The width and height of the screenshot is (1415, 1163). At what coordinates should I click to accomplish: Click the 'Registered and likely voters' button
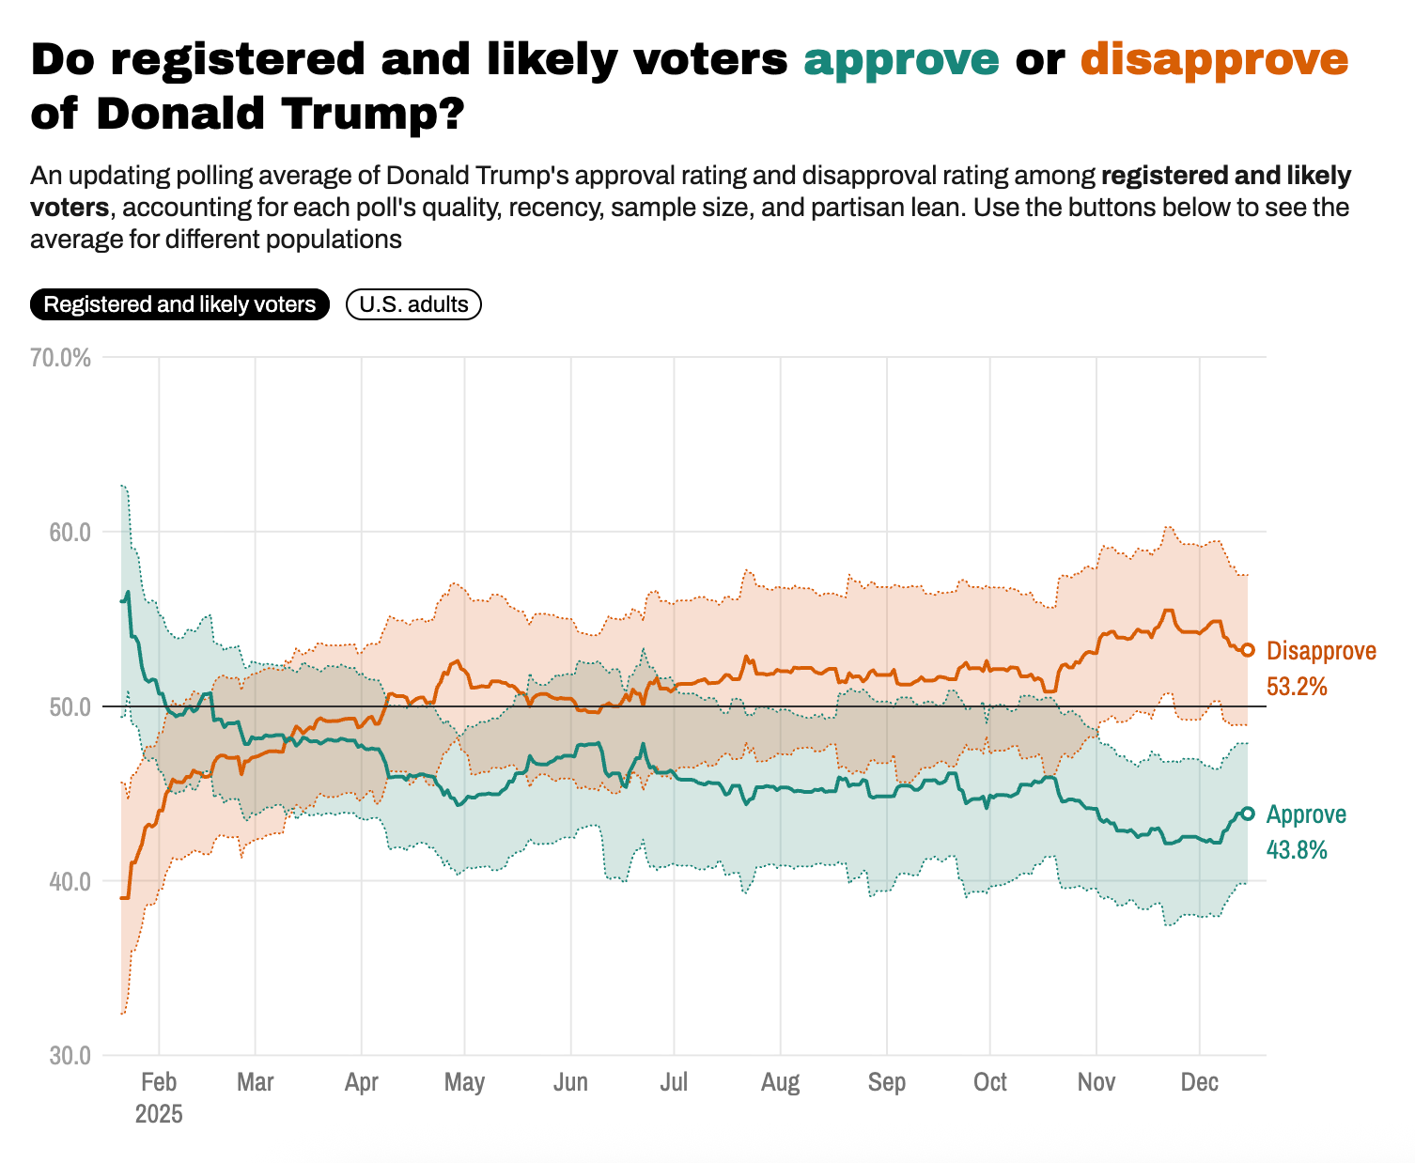(x=179, y=304)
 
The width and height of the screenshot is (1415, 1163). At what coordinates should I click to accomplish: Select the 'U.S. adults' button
(x=413, y=304)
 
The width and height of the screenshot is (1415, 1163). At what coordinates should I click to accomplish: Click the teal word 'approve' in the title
(x=901, y=59)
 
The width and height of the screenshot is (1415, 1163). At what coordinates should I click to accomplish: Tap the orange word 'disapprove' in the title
(x=1214, y=59)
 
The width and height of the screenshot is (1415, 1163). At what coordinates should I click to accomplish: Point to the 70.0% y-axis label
(x=60, y=358)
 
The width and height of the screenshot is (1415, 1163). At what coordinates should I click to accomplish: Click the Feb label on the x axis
(x=159, y=1082)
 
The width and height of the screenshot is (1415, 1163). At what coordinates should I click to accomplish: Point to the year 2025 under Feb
(x=159, y=1115)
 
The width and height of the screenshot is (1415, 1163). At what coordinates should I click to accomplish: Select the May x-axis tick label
(x=464, y=1082)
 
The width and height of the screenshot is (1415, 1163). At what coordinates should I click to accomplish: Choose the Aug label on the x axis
(x=780, y=1082)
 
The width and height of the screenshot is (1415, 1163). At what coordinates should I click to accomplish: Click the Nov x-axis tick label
(x=1096, y=1082)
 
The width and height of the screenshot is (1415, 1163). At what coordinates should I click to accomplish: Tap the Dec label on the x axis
(x=1200, y=1082)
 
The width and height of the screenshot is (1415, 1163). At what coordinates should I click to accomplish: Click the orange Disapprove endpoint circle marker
(x=1248, y=650)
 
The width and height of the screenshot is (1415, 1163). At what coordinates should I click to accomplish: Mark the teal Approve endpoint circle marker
(x=1248, y=814)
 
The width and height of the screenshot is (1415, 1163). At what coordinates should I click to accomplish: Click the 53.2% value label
(x=1297, y=687)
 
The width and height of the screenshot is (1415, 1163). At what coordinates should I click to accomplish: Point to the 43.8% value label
(x=1297, y=850)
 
